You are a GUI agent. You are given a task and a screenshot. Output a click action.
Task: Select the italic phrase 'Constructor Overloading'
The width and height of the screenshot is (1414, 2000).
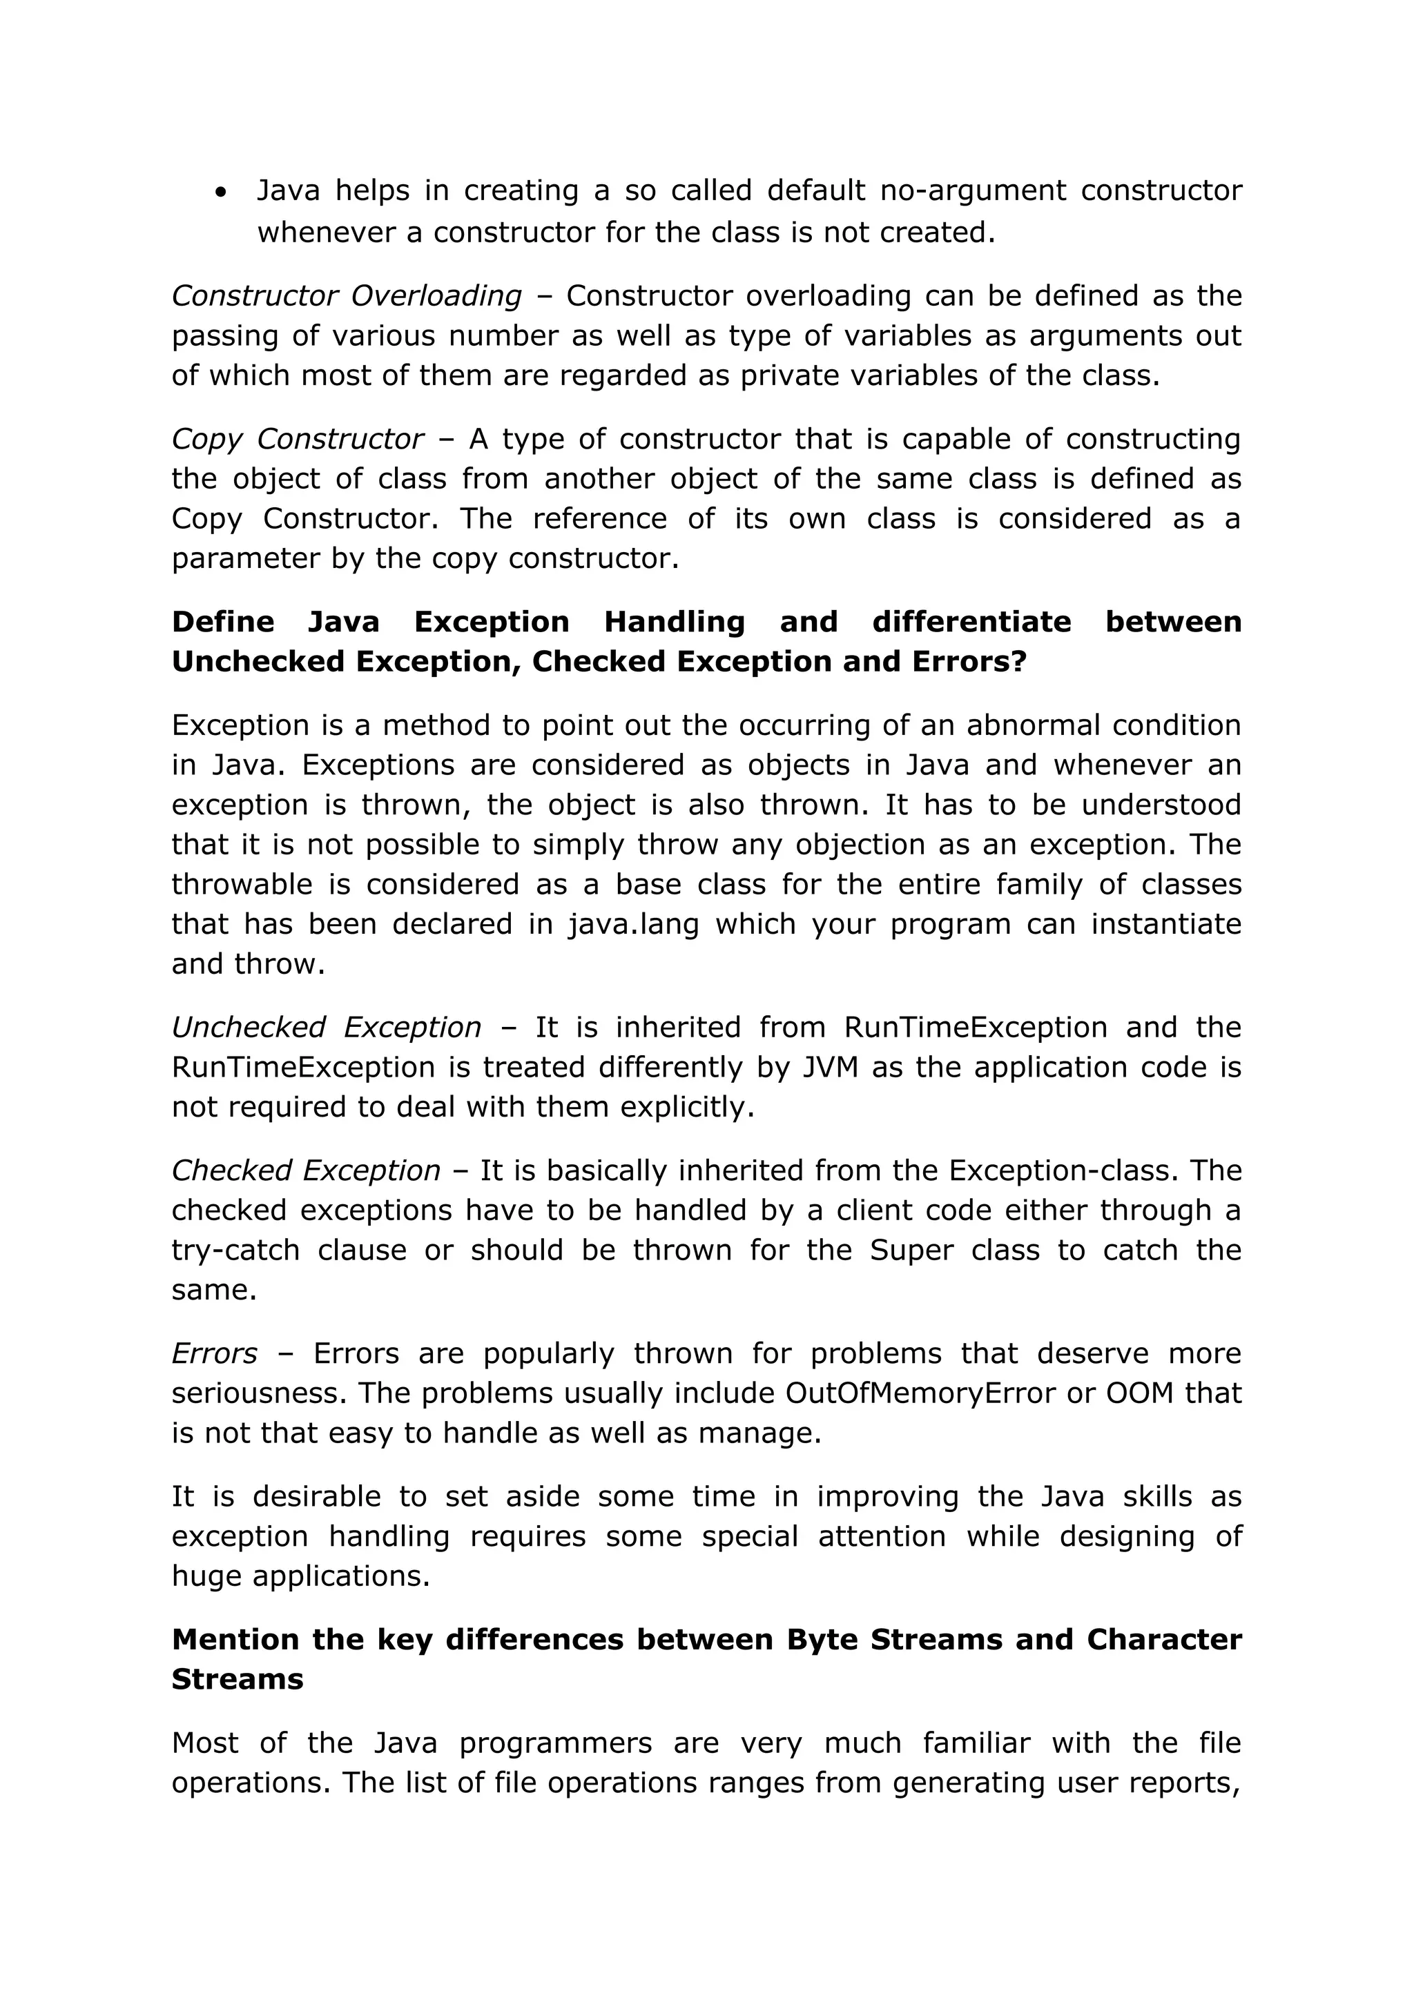[x=346, y=296]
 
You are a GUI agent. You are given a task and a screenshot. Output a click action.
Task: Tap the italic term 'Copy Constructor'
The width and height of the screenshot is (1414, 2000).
[x=297, y=439]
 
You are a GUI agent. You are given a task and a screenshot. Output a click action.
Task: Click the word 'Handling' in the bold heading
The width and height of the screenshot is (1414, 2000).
[x=675, y=622]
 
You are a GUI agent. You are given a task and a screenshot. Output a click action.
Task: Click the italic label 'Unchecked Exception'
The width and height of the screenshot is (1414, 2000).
[x=326, y=1028]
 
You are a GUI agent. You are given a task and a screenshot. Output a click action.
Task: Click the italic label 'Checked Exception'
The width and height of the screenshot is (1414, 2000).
[x=306, y=1170]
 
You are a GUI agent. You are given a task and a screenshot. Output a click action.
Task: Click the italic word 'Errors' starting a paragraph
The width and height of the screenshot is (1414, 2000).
[x=214, y=1353]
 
